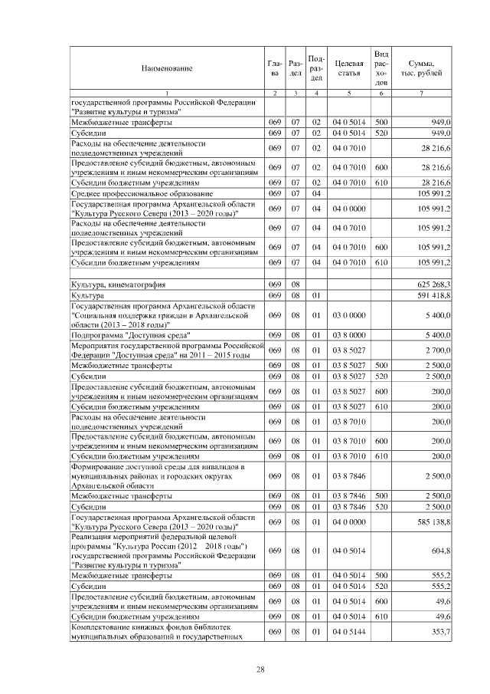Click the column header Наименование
[166, 68]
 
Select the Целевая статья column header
[348, 67]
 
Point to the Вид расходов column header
[381, 67]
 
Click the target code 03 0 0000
[348, 315]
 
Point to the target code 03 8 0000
[348, 335]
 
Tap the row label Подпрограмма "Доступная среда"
[130, 335]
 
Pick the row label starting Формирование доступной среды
[157, 475]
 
